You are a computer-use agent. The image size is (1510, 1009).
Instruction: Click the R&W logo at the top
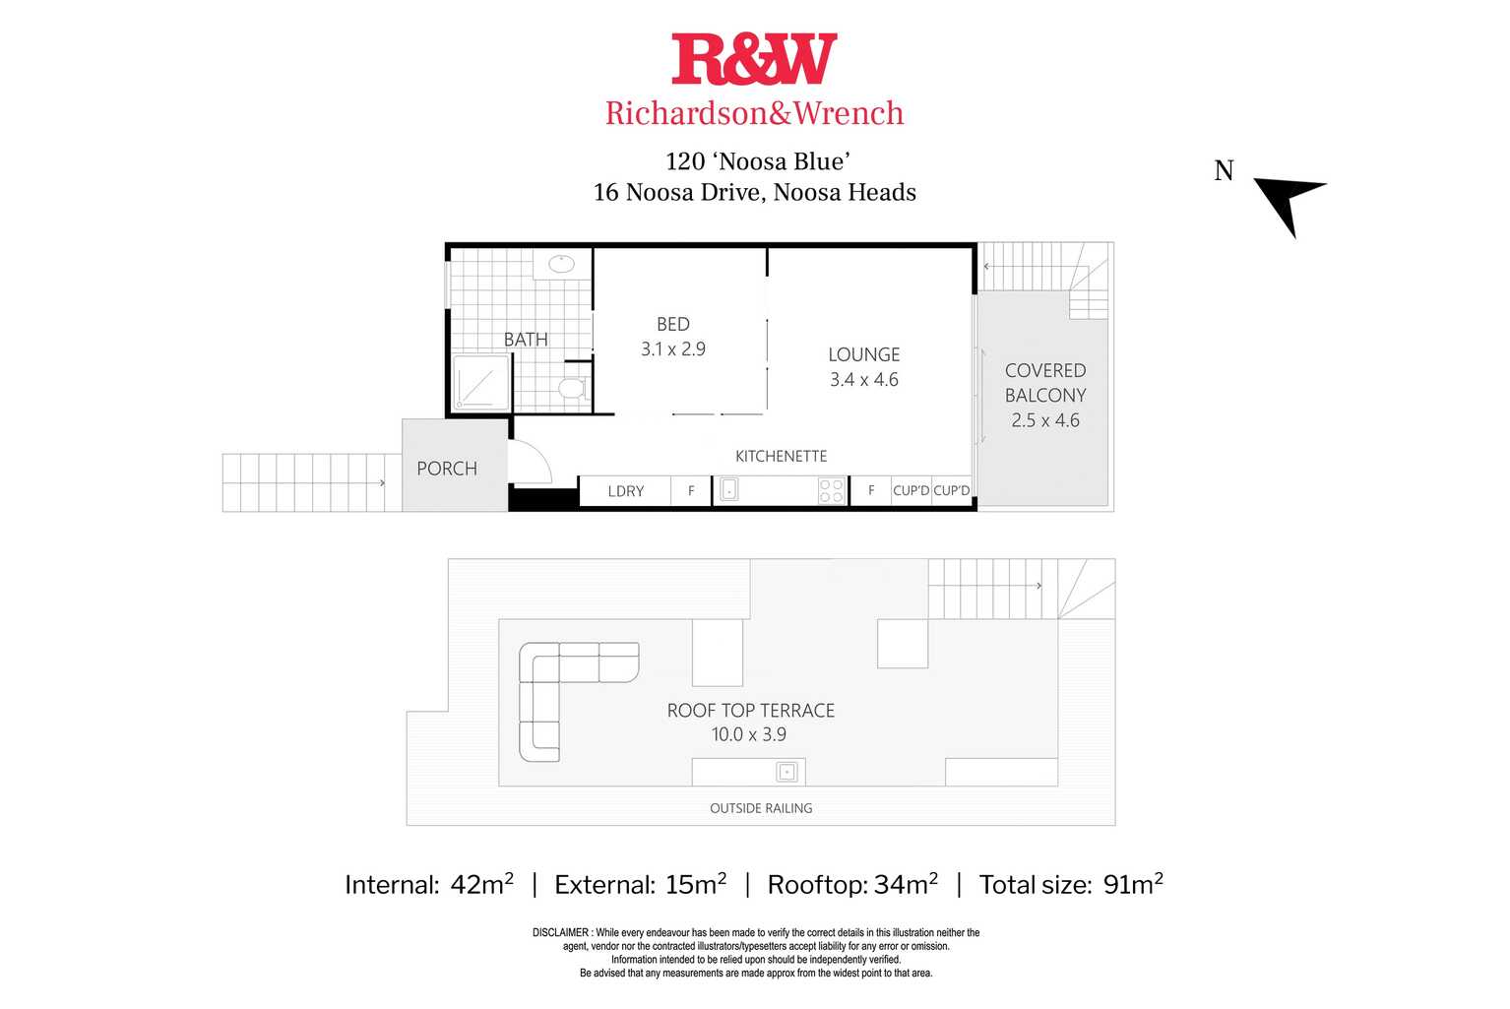point(754,59)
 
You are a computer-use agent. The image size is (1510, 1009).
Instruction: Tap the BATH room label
point(526,340)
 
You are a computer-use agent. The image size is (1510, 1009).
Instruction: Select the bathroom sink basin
point(561,264)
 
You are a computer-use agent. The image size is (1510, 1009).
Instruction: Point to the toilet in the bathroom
point(572,388)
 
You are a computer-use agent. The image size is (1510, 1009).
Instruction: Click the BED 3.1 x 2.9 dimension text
point(673,349)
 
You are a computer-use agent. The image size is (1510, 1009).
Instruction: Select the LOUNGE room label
point(863,354)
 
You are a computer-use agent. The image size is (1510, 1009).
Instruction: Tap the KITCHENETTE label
point(781,456)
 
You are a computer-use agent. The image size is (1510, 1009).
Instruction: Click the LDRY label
point(626,491)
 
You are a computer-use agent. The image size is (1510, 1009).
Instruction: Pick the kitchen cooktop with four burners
point(832,490)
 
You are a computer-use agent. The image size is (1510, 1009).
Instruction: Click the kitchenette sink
point(729,489)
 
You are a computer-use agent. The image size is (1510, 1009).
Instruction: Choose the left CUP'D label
point(911,490)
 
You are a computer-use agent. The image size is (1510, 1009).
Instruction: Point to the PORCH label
point(447,469)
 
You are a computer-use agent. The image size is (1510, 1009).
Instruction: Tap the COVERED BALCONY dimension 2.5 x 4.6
point(1045,420)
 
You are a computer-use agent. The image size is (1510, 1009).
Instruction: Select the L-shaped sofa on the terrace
point(551,689)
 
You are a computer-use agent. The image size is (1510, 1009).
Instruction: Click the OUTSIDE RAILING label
point(761,808)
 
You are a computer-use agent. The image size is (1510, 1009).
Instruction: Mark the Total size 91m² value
point(1132,885)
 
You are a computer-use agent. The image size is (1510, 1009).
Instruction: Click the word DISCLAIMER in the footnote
point(561,932)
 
